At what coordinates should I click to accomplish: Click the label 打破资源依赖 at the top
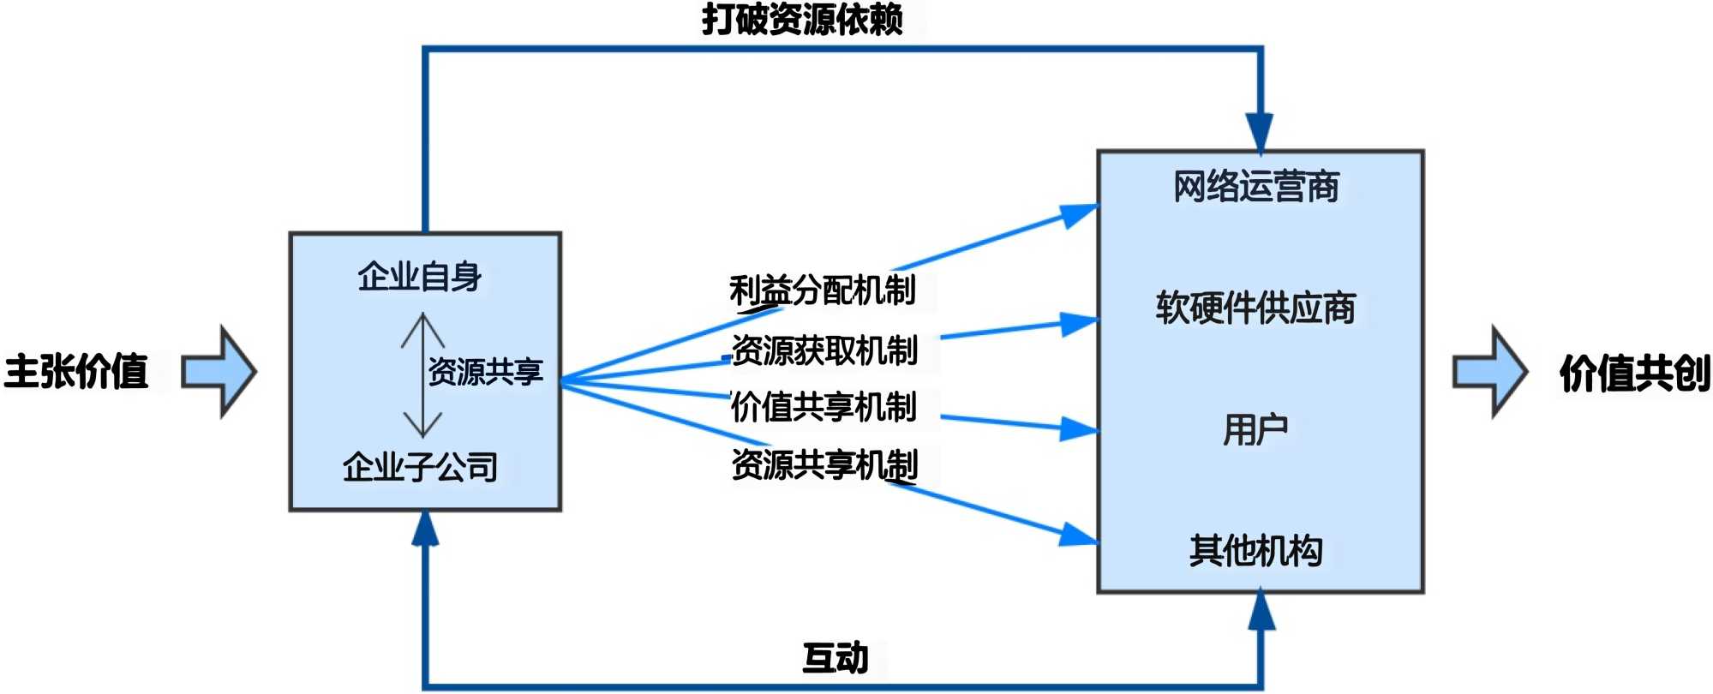click(x=802, y=19)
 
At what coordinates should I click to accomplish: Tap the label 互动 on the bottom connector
click(x=836, y=658)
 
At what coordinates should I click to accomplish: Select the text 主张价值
click(x=75, y=372)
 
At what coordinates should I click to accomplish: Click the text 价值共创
click(x=1634, y=374)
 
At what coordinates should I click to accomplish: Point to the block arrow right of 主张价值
click(x=219, y=372)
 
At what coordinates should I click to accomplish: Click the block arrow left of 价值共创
click(x=1490, y=372)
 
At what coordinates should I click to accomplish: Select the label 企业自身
click(x=420, y=277)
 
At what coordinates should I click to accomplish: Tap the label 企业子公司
click(x=420, y=467)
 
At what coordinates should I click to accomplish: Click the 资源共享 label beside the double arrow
click(x=485, y=372)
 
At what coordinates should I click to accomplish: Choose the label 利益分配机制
click(x=823, y=290)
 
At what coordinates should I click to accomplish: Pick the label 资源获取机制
click(x=824, y=350)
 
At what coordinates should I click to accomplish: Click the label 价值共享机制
click(x=824, y=407)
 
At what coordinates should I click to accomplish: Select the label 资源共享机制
click(x=824, y=464)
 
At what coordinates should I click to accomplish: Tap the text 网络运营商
click(x=1256, y=187)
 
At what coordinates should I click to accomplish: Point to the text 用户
click(x=1255, y=429)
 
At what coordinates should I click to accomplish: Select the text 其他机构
click(x=1255, y=550)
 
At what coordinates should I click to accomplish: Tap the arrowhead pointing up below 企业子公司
click(x=425, y=529)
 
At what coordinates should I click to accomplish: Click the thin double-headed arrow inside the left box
click(x=422, y=375)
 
